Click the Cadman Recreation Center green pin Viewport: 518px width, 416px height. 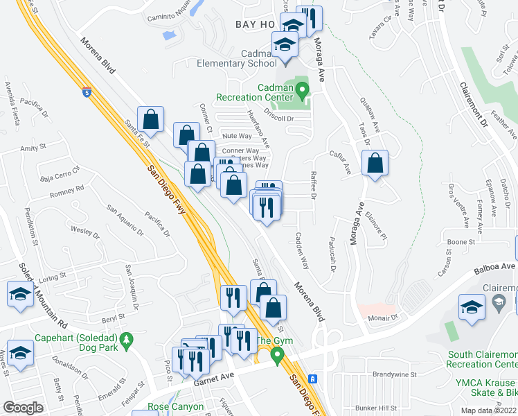(x=302, y=90)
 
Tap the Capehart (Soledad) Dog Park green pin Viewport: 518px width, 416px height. (x=125, y=340)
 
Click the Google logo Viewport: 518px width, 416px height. (x=23, y=408)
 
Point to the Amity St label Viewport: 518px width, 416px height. (x=33, y=147)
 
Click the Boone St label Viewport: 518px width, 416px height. (x=461, y=242)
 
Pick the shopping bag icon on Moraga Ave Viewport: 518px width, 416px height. (x=375, y=164)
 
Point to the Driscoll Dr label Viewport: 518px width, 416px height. (x=280, y=118)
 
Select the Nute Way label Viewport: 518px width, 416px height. (x=236, y=136)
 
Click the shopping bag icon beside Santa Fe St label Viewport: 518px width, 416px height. (x=150, y=119)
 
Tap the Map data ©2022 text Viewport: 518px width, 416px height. (x=489, y=410)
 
